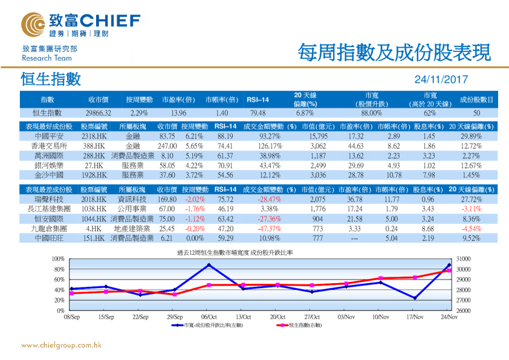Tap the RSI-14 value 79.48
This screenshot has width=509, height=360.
[258, 113]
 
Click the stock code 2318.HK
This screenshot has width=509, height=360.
[95, 137]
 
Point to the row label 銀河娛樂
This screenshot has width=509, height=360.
[47, 165]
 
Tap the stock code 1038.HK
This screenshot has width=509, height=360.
[95, 209]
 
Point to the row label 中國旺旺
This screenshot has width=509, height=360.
[47, 238]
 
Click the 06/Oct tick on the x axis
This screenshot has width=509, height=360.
[209, 316]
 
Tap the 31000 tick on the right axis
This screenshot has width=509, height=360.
[461, 259]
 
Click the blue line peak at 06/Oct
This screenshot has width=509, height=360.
[209, 265]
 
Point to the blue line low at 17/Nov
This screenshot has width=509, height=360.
[415, 298]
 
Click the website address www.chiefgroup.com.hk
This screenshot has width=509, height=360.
[60, 345]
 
